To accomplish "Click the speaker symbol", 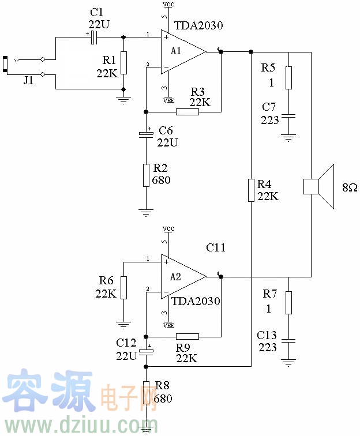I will click(x=320, y=186).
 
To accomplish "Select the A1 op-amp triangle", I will click(x=181, y=51).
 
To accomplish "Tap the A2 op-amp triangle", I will click(x=181, y=277).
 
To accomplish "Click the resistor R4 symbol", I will click(x=251, y=190).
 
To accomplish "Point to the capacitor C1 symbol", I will click(x=93, y=37).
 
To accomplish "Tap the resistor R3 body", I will click(x=187, y=112).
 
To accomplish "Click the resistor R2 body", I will click(x=147, y=175).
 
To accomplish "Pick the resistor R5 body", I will click(x=288, y=78).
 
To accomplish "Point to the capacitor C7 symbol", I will click(x=288, y=115).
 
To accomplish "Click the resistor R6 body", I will click(x=123, y=287).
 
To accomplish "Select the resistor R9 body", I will click(x=187, y=336).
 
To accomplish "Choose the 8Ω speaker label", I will click(x=349, y=188).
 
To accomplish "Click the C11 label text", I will click(x=216, y=247).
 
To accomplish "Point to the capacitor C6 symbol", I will click(x=147, y=134).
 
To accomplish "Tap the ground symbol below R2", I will click(x=147, y=212).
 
